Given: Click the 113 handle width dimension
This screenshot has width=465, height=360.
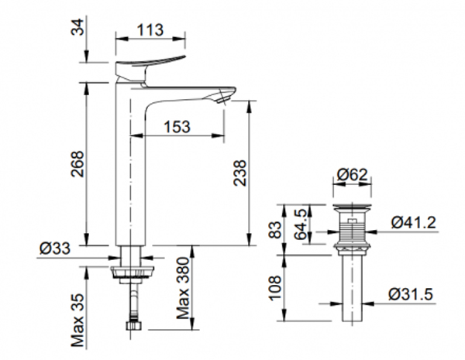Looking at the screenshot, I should (x=151, y=30).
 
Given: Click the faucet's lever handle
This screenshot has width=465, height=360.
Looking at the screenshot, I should (x=150, y=65).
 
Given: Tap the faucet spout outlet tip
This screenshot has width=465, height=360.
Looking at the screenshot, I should (x=226, y=97).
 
